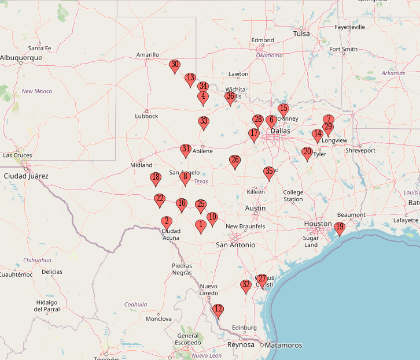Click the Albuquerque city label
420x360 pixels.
coord(21,58)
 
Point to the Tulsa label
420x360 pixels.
coord(301,34)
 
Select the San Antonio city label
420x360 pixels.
coord(235,245)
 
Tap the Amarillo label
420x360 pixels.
coord(148,55)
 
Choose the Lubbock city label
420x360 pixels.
coord(146,116)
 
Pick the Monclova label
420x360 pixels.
coord(159,319)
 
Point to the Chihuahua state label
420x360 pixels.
coord(38,260)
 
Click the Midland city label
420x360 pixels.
coord(141,165)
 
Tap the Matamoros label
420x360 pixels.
coord(283,346)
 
